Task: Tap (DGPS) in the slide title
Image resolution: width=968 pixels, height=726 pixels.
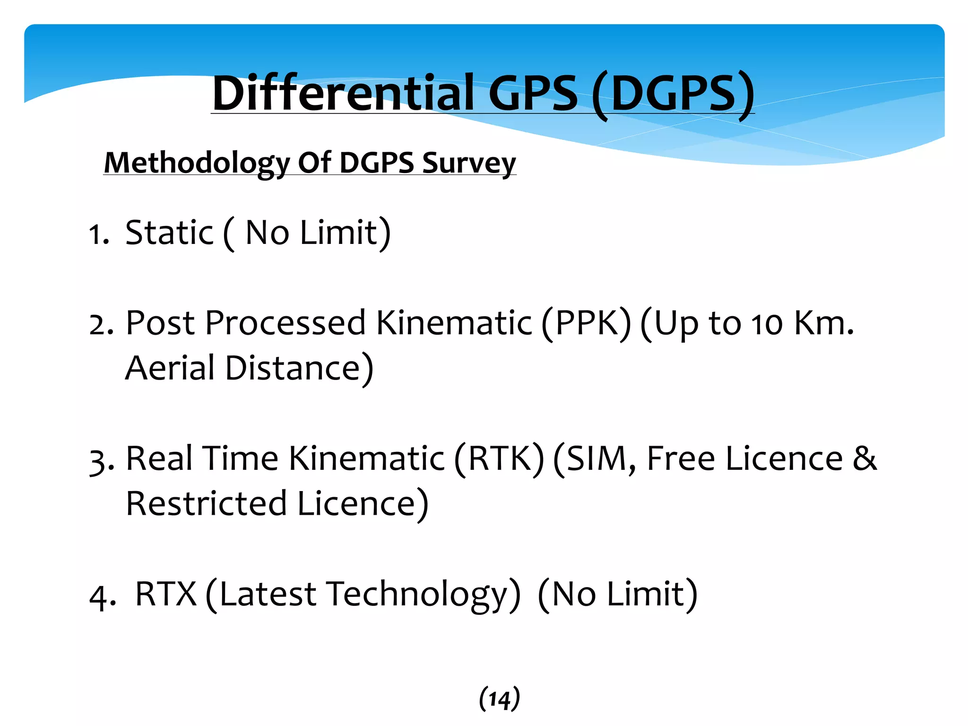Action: click(673, 94)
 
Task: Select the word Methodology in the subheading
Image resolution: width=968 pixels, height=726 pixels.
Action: click(196, 163)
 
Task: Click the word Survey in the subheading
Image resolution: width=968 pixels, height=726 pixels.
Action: click(469, 163)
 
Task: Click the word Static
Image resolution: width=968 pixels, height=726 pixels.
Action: click(169, 233)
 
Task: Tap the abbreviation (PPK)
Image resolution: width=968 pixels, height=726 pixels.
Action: click(586, 324)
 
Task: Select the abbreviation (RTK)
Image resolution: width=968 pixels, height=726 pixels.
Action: click(499, 459)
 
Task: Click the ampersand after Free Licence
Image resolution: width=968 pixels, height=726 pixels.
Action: click(864, 458)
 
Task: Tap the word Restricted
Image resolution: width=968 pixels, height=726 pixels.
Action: click(207, 503)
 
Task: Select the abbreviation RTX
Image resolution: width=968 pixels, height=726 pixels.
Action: click(165, 594)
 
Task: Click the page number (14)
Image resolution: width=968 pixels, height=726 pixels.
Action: click(499, 699)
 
